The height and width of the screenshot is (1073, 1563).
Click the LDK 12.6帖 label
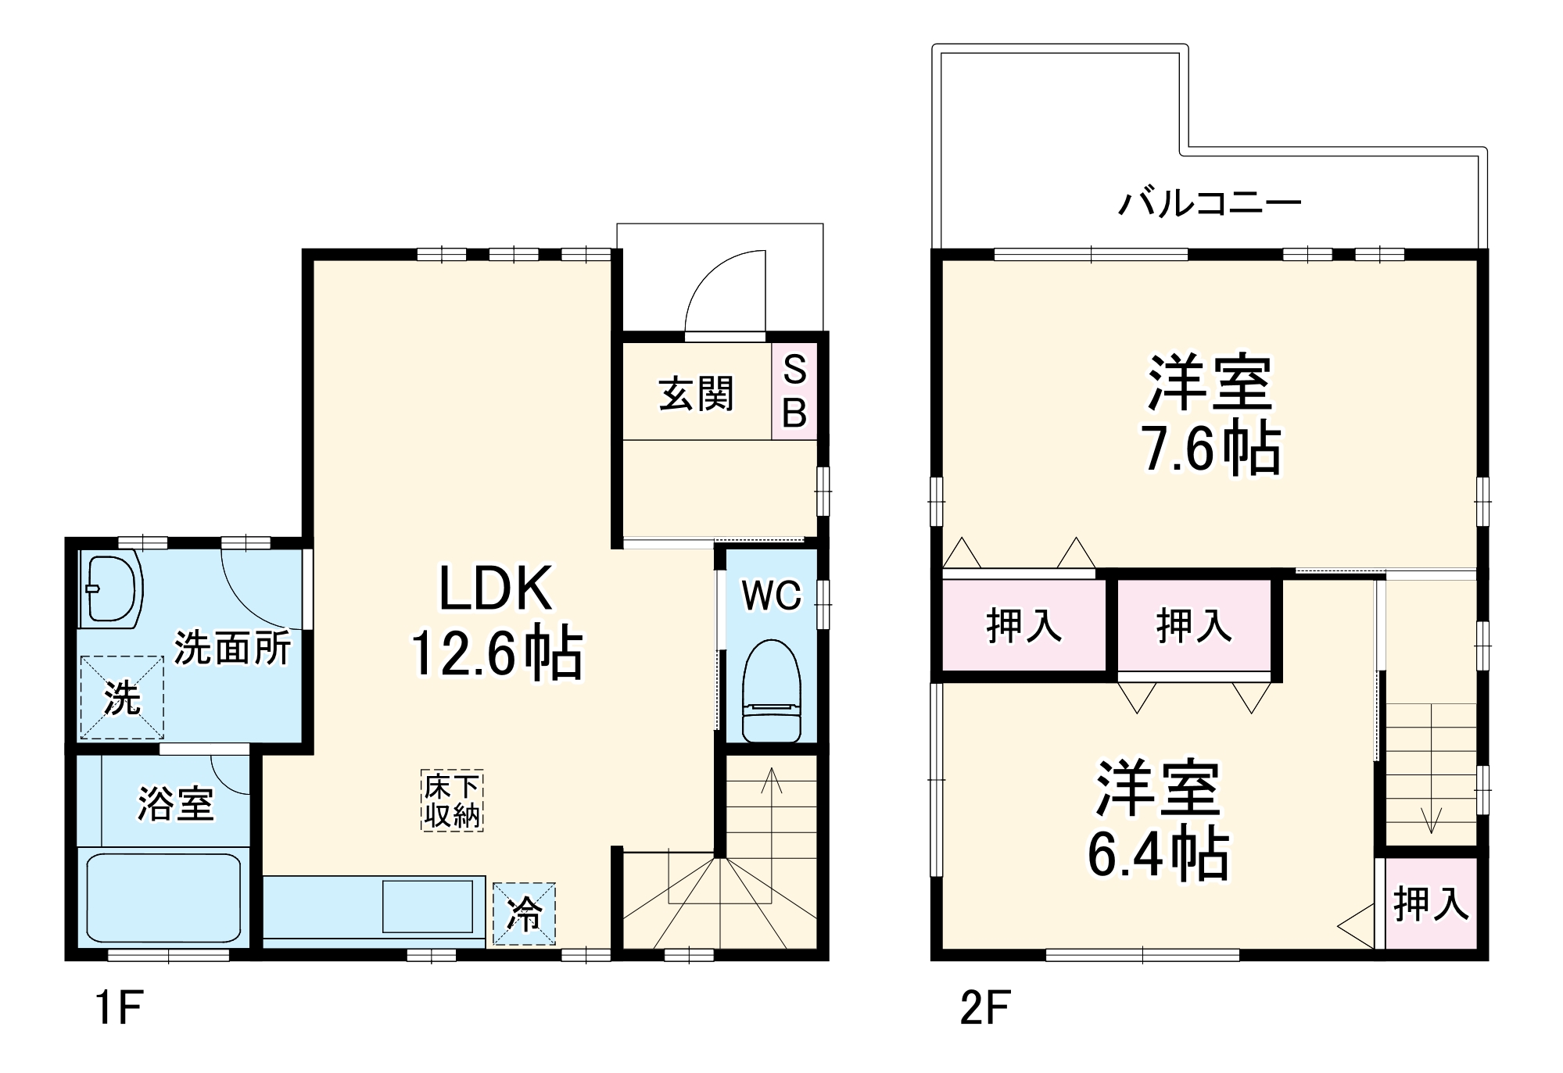pyautogui.click(x=496, y=621)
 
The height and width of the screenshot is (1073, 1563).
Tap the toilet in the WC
pyautogui.click(x=771, y=691)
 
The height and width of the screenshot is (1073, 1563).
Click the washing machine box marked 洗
pyautogui.click(x=122, y=698)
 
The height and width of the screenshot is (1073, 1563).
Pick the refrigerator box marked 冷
pyautogui.click(x=524, y=914)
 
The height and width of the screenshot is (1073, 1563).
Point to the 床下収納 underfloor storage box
pyautogui.click(x=452, y=800)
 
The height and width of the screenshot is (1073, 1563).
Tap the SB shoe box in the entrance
pyautogui.click(x=794, y=392)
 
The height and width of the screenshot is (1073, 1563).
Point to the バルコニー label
pyautogui.click(x=1209, y=203)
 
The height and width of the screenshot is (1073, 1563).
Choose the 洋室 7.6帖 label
pyautogui.click(x=1210, y=416)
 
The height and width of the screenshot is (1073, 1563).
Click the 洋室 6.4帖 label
pyautogui.click(x=1158, y=821)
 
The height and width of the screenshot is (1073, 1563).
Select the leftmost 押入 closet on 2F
pyautogui.click(x=1023, y=626)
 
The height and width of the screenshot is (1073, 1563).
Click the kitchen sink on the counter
pyautogui.click(x=427, y=906)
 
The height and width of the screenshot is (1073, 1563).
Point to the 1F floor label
pyautogui.click(x=118, y=1007)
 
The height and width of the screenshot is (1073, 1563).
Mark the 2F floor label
pyautogui.click(x=984, y=1007)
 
